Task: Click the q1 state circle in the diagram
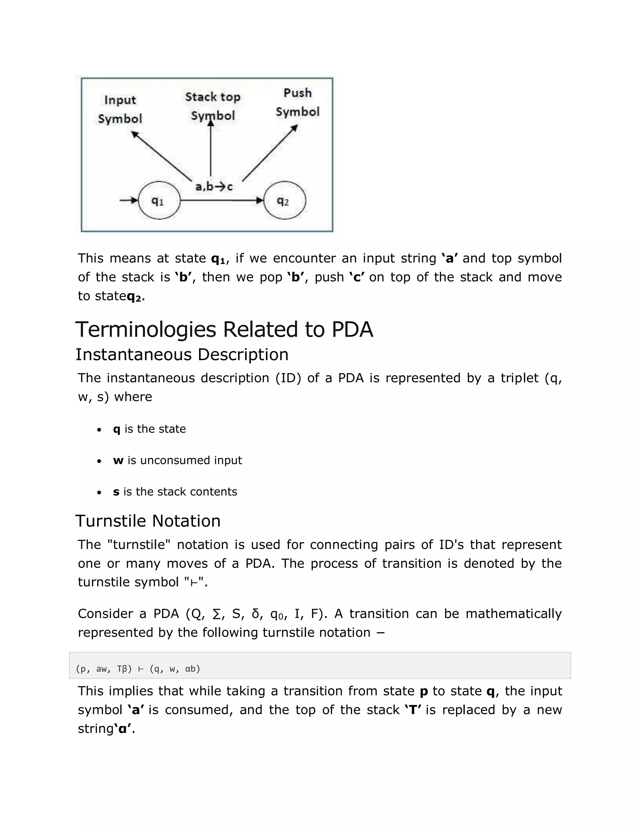(159, 200)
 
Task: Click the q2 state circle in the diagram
(284, 200)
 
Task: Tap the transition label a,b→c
(213, 187)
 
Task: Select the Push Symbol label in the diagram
(297, 102)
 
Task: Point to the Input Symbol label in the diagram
(120, 109)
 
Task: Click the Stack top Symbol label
(213, 106)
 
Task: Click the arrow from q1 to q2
(222, 200)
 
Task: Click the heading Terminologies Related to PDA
(224, 329)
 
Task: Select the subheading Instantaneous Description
(182, 355)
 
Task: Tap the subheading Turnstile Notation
(148, 521)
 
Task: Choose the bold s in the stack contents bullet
(116, 492)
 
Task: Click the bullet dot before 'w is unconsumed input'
(99, 461)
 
